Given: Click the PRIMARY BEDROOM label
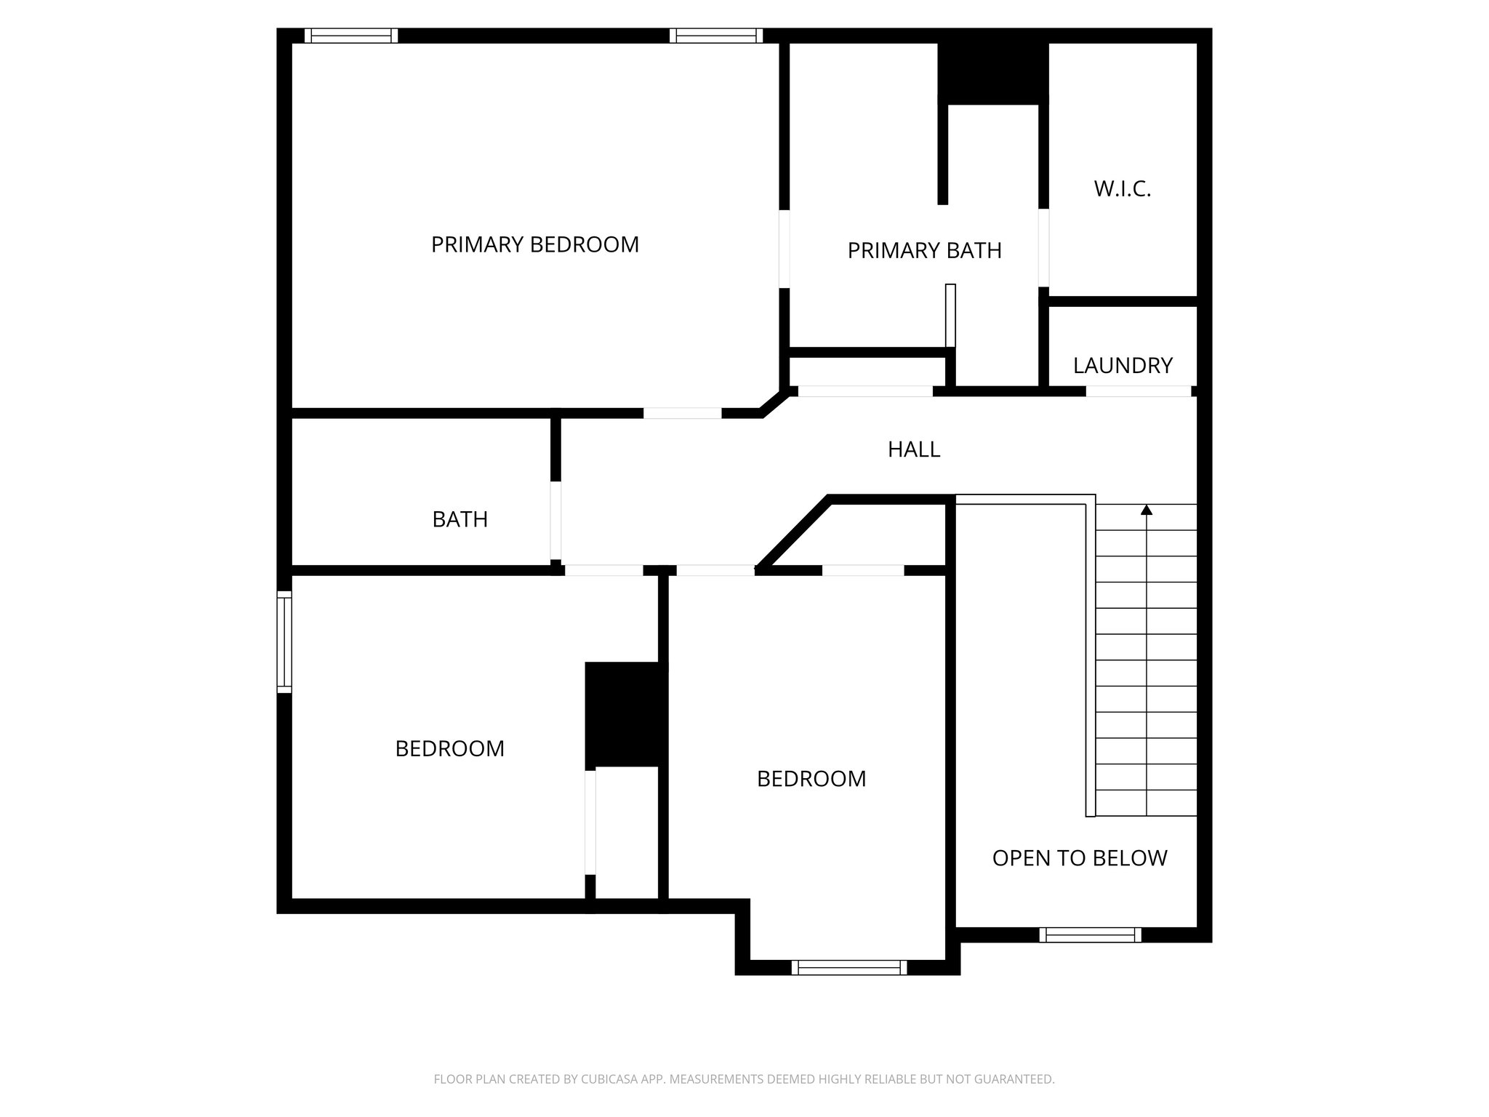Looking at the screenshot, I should [534, 244].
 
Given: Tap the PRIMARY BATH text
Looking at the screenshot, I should [924, 251].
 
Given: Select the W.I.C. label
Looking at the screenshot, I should [1122, 189].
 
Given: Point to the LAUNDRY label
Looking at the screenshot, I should [1123, 365].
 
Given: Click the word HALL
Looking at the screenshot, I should [914, 449].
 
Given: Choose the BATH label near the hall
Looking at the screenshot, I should [459, 519].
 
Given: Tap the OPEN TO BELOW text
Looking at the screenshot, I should [1079, 858].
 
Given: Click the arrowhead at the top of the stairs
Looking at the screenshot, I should [1147, 510].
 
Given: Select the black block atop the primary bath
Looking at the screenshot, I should [992, 73].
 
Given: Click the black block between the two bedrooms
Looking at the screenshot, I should [626, 714].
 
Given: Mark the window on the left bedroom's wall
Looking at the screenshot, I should [284, 641].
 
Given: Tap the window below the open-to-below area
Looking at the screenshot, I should [1090, 935].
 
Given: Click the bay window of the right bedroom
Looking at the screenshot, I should [849, 967].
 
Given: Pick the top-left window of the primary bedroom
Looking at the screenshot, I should [350, 36].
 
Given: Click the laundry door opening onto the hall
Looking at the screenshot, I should [1138, 391].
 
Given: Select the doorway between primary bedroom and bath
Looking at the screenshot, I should [784, 249].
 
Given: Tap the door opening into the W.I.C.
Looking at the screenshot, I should [1043, 248].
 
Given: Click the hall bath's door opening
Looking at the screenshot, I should [555, 520].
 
